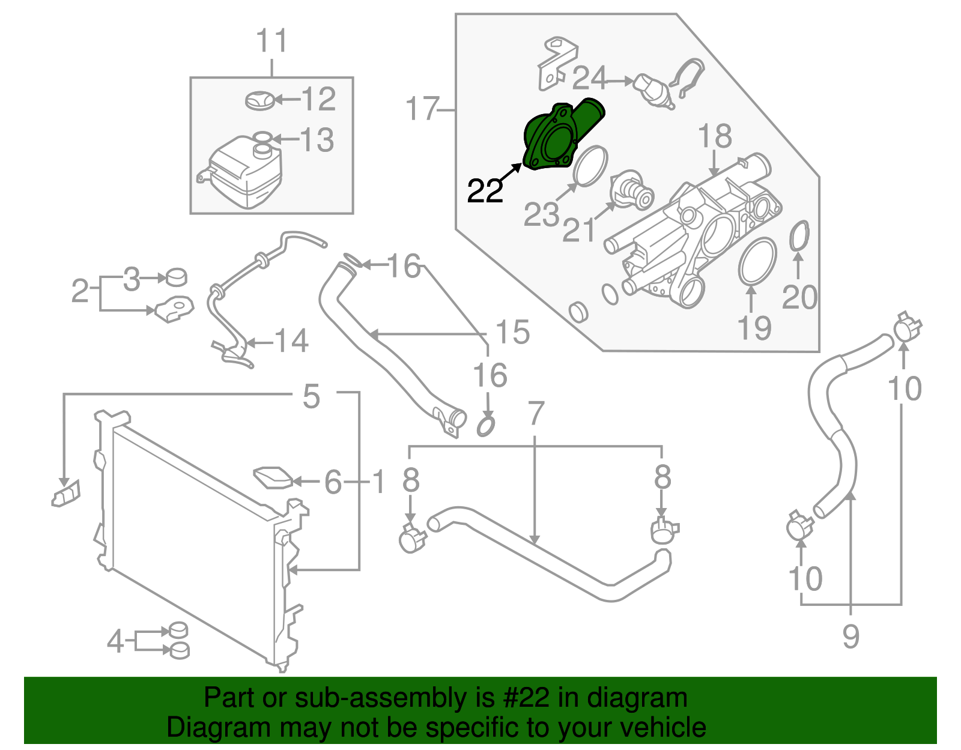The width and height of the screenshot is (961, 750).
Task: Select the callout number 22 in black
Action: [485, 191]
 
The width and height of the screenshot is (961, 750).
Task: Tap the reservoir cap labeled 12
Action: [260, 100]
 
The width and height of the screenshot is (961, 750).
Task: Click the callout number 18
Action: [715, 137]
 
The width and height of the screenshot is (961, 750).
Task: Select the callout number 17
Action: [422, 109]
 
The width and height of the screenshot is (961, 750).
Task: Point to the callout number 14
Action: [292, 341]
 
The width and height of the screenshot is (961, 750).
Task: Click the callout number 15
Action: [512, 332]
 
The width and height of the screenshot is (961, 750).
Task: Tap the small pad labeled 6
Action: [274, 478]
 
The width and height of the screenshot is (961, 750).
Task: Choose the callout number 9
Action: [850, 637]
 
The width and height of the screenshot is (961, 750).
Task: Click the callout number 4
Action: [115, 641]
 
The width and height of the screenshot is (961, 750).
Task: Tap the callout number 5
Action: [311, 396]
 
